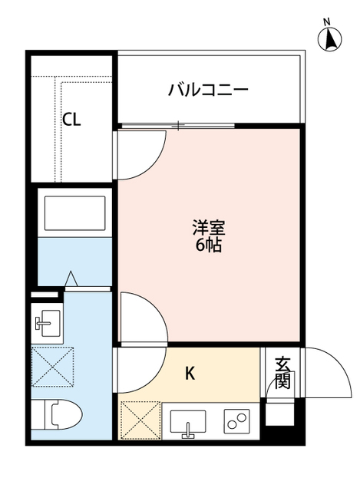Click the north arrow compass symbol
tap(330, 38)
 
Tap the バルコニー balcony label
tap(208, 91)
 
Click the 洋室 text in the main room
tap(208, 229)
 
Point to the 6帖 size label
tap(208, 247)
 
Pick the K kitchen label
tap(190, 374)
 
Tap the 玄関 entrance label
tap(282, 373)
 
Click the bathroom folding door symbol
tap(72, 279)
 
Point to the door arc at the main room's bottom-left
tap(143, 316)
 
